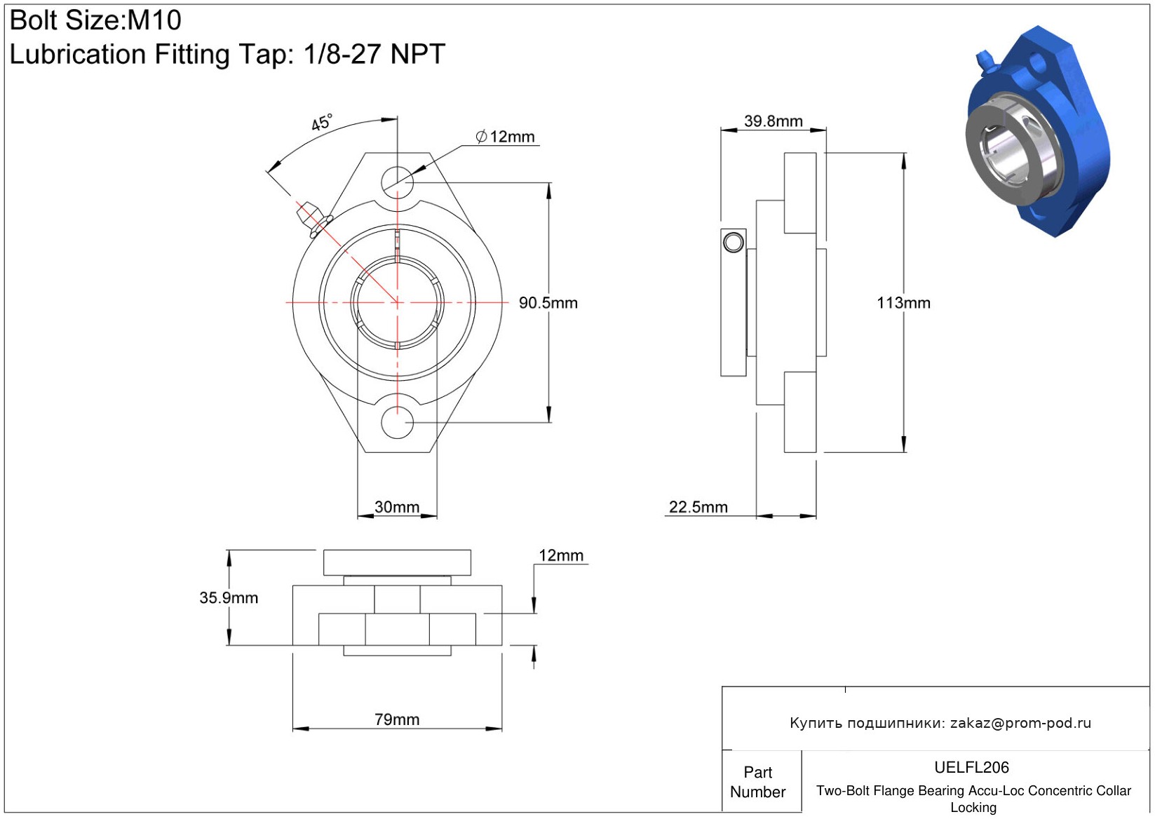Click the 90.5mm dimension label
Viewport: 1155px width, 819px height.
(548, 302)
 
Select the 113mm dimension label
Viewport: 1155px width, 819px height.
(903, 302)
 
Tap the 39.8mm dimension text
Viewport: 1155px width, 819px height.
(773, 121)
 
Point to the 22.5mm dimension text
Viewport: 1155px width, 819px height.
(698, 507)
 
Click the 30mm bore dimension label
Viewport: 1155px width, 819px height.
(396, 507)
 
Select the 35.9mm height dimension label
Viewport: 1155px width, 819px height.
(229, 597)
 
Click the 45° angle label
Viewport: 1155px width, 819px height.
(322, 122)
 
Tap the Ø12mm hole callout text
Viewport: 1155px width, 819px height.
(506, 137)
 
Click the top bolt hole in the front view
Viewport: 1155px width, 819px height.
(397, 182)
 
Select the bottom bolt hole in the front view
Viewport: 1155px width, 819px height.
(397, 423)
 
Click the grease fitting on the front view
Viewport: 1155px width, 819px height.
(313, 219)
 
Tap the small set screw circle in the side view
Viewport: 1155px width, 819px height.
(734, 242)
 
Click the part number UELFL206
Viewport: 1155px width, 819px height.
(971, 767)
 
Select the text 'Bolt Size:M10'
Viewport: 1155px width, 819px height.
(95, 20)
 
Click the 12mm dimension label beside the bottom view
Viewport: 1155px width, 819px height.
(561, 555)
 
